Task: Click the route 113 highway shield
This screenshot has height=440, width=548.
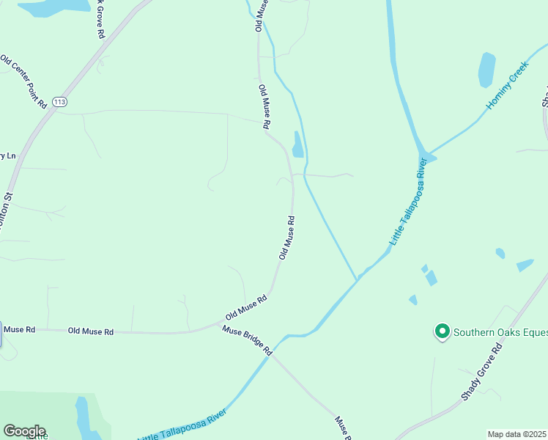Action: coord(59,102)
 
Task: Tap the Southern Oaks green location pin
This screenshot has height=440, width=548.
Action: coord(442,332)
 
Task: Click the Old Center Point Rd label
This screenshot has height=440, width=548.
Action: coord(23,81)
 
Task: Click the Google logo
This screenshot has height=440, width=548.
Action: coord(24,431)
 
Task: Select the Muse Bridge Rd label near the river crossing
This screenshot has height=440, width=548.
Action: coord(248,340)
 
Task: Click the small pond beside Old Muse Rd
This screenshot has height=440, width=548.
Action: coord(297,145)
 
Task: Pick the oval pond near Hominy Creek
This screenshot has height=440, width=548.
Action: coord(486,69)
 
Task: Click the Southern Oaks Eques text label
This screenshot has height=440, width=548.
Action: coord(500,332)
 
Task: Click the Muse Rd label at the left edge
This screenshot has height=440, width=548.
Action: coord(19,330)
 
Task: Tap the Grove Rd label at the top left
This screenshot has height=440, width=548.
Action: coord(100,19)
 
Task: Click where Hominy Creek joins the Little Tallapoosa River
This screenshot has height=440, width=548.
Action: coord(423,155)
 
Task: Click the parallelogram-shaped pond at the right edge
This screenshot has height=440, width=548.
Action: coord(525,265)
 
